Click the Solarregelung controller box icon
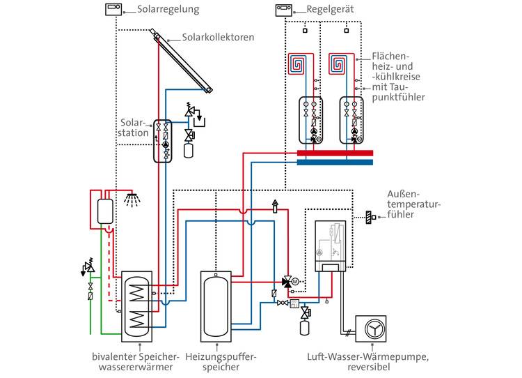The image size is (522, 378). [x=113, y=9]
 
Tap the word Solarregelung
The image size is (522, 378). [x=168, y=10]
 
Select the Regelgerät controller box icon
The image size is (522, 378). [x=284, y=10]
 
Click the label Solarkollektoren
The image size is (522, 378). [x=218, y=37]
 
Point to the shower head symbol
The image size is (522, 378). [x=132, y=199]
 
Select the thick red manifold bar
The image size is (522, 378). [x=335, y=153]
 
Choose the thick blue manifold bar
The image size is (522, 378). [x=335, y=162]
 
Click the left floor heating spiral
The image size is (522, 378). [x=296, y=63]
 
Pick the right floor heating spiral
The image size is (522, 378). [x=338, y=63]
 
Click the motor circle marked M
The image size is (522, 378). [x=295, y=282]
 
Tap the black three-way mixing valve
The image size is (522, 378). [x=287, y=282]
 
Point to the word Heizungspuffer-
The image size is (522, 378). [x=221, y=356]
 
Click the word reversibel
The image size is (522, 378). [x=368, y=367]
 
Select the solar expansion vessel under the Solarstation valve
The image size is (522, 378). [x=189, y=150]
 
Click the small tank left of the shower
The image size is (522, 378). [x=105, y=211]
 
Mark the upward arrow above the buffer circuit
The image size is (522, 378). [x=275, y=206]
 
